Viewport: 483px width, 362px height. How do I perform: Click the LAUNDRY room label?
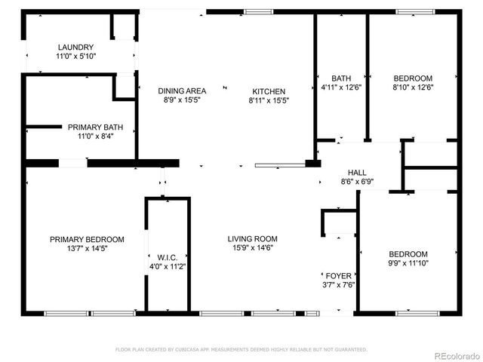coord(75,47)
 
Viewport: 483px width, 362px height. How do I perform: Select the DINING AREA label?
coord(182,90)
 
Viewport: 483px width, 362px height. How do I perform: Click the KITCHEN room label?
coord(268,90)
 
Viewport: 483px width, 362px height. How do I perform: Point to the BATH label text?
coord(340,78)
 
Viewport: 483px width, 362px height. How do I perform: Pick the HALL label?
coord(357,172)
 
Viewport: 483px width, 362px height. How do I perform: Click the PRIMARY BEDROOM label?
coord(87,239)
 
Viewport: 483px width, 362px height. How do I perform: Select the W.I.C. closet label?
coord(168,257)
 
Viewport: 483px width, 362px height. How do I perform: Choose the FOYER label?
coord(338,275)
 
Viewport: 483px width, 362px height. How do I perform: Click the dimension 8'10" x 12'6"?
coord(413,87)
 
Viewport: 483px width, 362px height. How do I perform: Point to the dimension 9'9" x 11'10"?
coord(408,264)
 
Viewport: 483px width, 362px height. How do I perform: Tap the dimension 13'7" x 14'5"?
coord(87,249)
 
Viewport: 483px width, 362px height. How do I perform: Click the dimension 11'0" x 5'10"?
coord(75,57)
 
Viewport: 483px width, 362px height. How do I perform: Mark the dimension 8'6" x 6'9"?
coord(357,182)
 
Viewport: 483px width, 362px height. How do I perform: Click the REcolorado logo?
coord(453,355)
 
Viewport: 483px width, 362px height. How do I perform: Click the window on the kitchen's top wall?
coord(259,11)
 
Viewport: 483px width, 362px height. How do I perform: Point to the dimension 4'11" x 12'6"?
coord(340,87)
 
